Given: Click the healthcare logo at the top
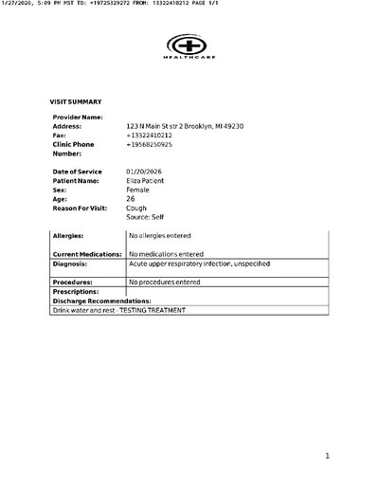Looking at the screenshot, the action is pos(189,46).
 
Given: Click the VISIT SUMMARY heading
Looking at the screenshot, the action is pos(76,101).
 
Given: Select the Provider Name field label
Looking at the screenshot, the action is pos(78,117).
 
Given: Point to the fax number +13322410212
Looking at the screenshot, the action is pos(150,136).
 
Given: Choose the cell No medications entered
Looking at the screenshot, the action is pos(168,254).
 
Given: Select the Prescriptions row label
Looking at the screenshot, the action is pos(76,292).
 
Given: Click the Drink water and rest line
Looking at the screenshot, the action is pos(119,311).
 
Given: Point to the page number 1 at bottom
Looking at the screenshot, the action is pos(327,455).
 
